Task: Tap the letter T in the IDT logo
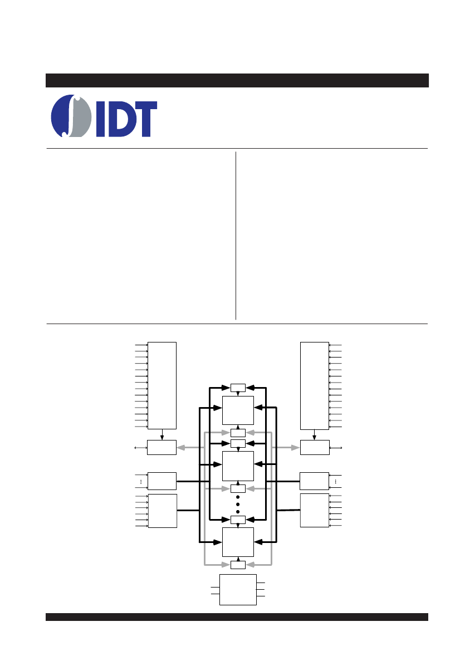pos(144,119)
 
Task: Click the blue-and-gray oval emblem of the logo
pos(71,116)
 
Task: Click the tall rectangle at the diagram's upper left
pos(162,385)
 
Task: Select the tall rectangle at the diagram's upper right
pos(315,386)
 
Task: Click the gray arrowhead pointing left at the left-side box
pos(181,448)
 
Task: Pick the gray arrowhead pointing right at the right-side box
pos(295,448)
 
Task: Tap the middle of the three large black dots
pos(238,504)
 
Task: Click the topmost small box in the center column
pos(238,388)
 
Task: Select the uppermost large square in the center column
pos(238,410)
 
